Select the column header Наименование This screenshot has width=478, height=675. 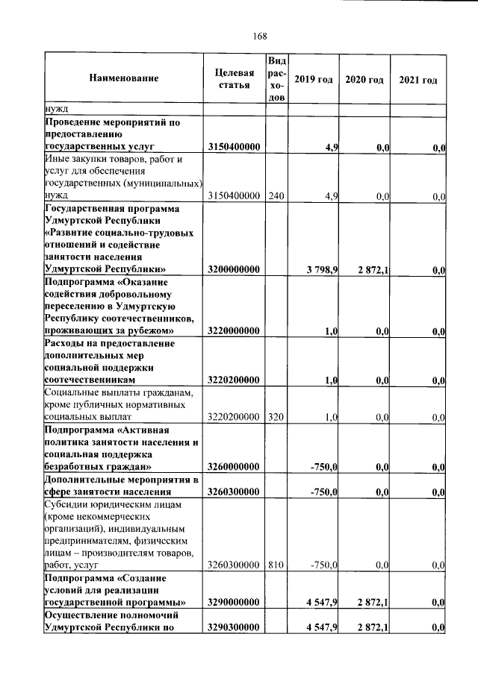tap(124, 78)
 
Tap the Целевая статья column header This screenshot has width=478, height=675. tap(234, 78)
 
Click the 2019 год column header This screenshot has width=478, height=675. tap(313, 79)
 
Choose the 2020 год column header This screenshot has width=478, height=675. tap(364, 79)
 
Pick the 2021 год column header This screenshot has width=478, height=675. tap(418, 79)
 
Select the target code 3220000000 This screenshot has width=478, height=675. tap(234, 330)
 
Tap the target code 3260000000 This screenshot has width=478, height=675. tap(234, 467)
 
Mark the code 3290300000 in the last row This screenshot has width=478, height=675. tap(234, 627)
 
